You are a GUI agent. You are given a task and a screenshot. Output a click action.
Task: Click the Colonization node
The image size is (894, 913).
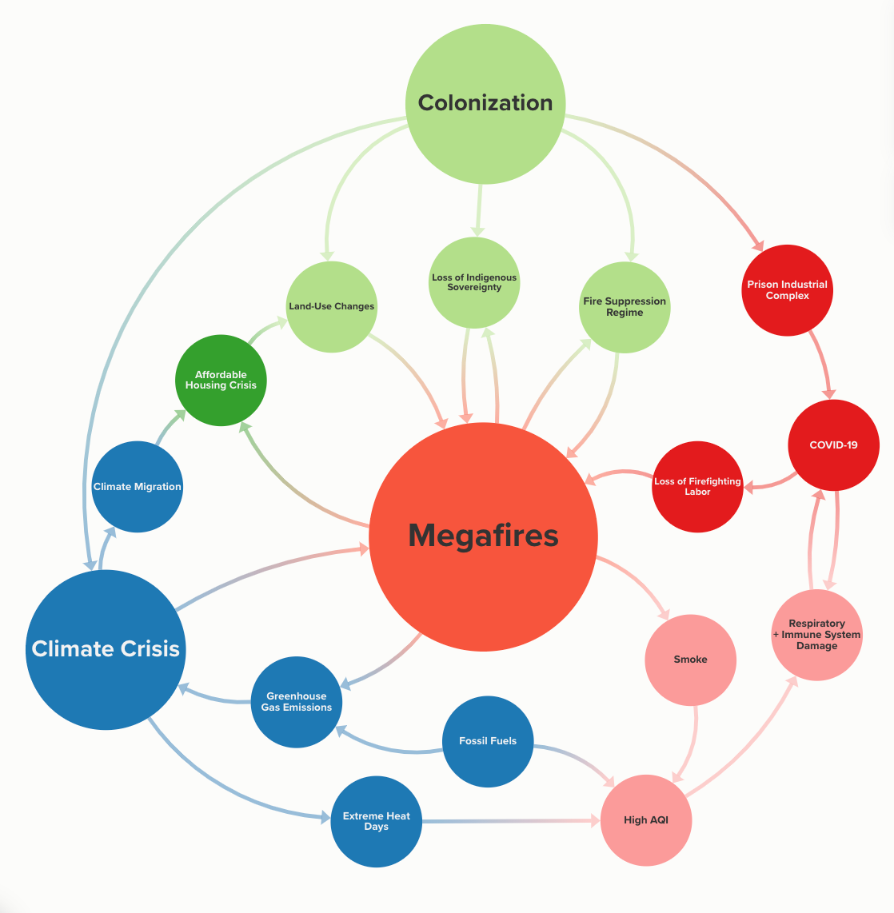coord(485,103)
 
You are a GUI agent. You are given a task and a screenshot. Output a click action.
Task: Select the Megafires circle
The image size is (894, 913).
coord(483,536)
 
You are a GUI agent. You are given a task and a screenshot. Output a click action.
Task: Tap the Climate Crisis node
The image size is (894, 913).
coord(106,649)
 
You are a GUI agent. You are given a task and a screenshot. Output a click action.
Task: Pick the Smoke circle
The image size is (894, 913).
coord(690,660)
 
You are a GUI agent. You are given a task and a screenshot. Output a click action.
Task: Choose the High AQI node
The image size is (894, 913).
coord(645,820)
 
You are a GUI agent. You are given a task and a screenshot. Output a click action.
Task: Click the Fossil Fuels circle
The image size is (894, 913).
coord(488,741)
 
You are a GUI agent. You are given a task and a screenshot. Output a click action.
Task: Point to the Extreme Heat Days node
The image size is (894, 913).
coord(376,821)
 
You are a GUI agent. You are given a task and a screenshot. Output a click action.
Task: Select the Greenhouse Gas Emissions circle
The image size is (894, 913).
coord(297,702)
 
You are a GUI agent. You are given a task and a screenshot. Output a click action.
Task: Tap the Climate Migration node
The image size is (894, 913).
coord(138,486)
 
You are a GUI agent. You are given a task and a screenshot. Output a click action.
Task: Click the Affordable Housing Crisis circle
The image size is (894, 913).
coord(221,380)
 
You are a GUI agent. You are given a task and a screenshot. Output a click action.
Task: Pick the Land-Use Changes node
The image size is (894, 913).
coord(331,306)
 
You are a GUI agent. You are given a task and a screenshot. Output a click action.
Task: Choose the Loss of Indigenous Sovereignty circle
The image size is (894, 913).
coord(474,282)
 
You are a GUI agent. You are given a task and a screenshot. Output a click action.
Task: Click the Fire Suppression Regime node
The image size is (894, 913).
coord(625,307)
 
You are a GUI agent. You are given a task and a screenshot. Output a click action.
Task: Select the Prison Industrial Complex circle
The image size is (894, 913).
coord(787,290)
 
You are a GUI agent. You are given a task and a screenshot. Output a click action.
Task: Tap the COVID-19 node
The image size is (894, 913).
coord(833,445)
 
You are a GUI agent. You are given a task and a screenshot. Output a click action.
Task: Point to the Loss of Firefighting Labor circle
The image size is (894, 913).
coord(697,486)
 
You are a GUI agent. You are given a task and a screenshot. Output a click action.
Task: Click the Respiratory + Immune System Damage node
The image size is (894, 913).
coord(816,635)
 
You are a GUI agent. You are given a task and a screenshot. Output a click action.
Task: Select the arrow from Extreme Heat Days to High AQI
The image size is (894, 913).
coord(512,821)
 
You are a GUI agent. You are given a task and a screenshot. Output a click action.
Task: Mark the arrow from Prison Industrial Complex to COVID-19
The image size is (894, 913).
coord(823,364)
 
